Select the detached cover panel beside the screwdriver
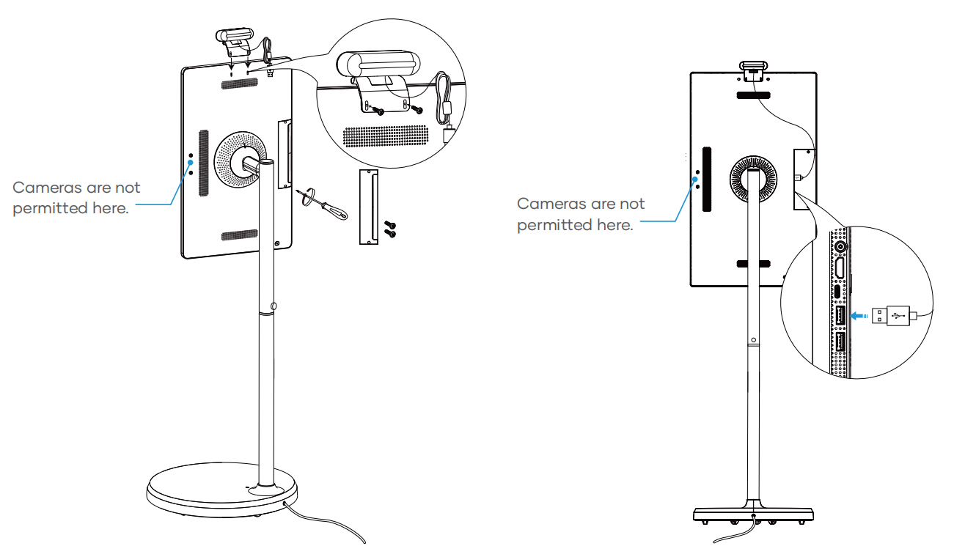tap(369, 207)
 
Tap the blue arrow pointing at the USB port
tap(859, 316)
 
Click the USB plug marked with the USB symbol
tap(895, 317)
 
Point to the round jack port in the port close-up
tap(840, 247)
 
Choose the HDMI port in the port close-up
tap(840, 268)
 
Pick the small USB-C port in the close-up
tap(837, 292)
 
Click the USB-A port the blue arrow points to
tap(840, 315)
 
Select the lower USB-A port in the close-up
tap(840, 342)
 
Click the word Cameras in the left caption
tap(47, 188)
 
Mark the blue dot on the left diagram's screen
tap(190, 163)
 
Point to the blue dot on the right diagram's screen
tap(695, 179)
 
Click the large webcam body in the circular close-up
tap(378, 65)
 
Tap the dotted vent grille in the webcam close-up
tap(385, 136)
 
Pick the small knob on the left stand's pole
tap(274, 306)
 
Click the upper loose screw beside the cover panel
tap(390, 225)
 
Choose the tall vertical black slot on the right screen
tap(707, 179)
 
